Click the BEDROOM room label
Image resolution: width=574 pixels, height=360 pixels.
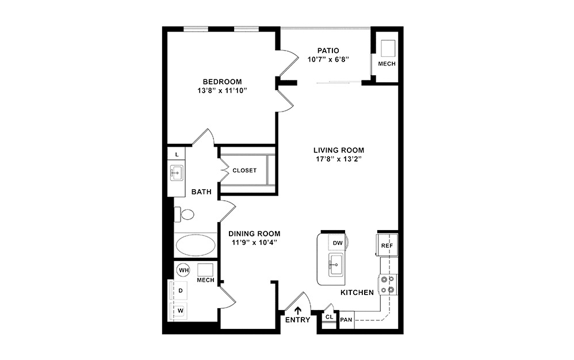click(x=221, y=82)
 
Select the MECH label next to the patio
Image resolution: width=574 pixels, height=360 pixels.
click(x=387, y=63)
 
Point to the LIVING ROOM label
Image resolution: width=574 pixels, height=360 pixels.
click(x=339, y=150)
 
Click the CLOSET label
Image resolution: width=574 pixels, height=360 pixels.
click(x=244, y=170)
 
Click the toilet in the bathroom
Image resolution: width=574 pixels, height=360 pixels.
click(x=185, y=215)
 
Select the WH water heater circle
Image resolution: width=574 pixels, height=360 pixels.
click(x=183, y=269)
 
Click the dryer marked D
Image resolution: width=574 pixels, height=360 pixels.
click(x=180, y=291)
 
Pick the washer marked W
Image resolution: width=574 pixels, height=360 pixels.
click(x=180, y=311)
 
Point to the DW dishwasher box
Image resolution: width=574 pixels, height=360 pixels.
click(x=338, y=243)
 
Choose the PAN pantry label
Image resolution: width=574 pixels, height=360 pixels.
click(x=346, y=320)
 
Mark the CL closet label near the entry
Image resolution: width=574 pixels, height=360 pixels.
click(x=329, y=317)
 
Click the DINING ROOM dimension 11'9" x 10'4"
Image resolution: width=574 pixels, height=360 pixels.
click(x=254, y=242)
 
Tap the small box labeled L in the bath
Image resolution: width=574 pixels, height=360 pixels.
click(x=177, y=155)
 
